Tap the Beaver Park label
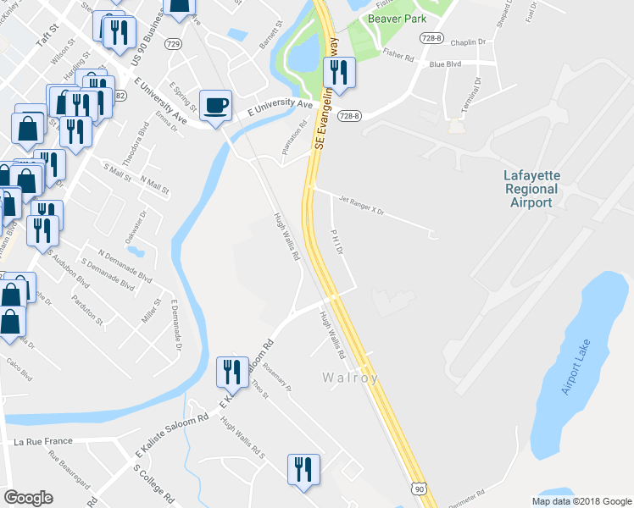click(x=396, y=19)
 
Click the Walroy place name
click(x=349, y=378)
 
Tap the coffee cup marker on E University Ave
click(x=216, y=105)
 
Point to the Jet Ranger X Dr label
click(x=363, y=204)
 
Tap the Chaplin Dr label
click(x=468, y=41)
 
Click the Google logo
click(x=29, y=498)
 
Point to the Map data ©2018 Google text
click(x=581, y=500)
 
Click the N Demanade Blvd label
click(x=125, y=265)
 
